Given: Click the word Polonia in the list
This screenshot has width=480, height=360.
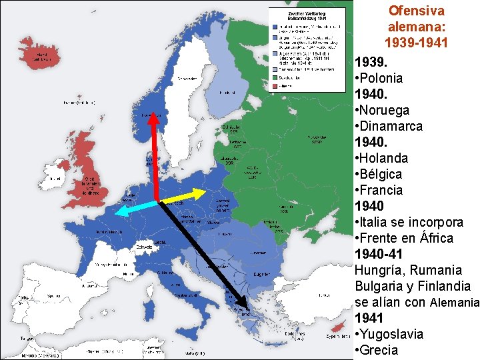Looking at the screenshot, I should coord(383,78).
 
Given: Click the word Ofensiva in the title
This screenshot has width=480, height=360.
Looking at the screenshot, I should coord(416,11).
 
